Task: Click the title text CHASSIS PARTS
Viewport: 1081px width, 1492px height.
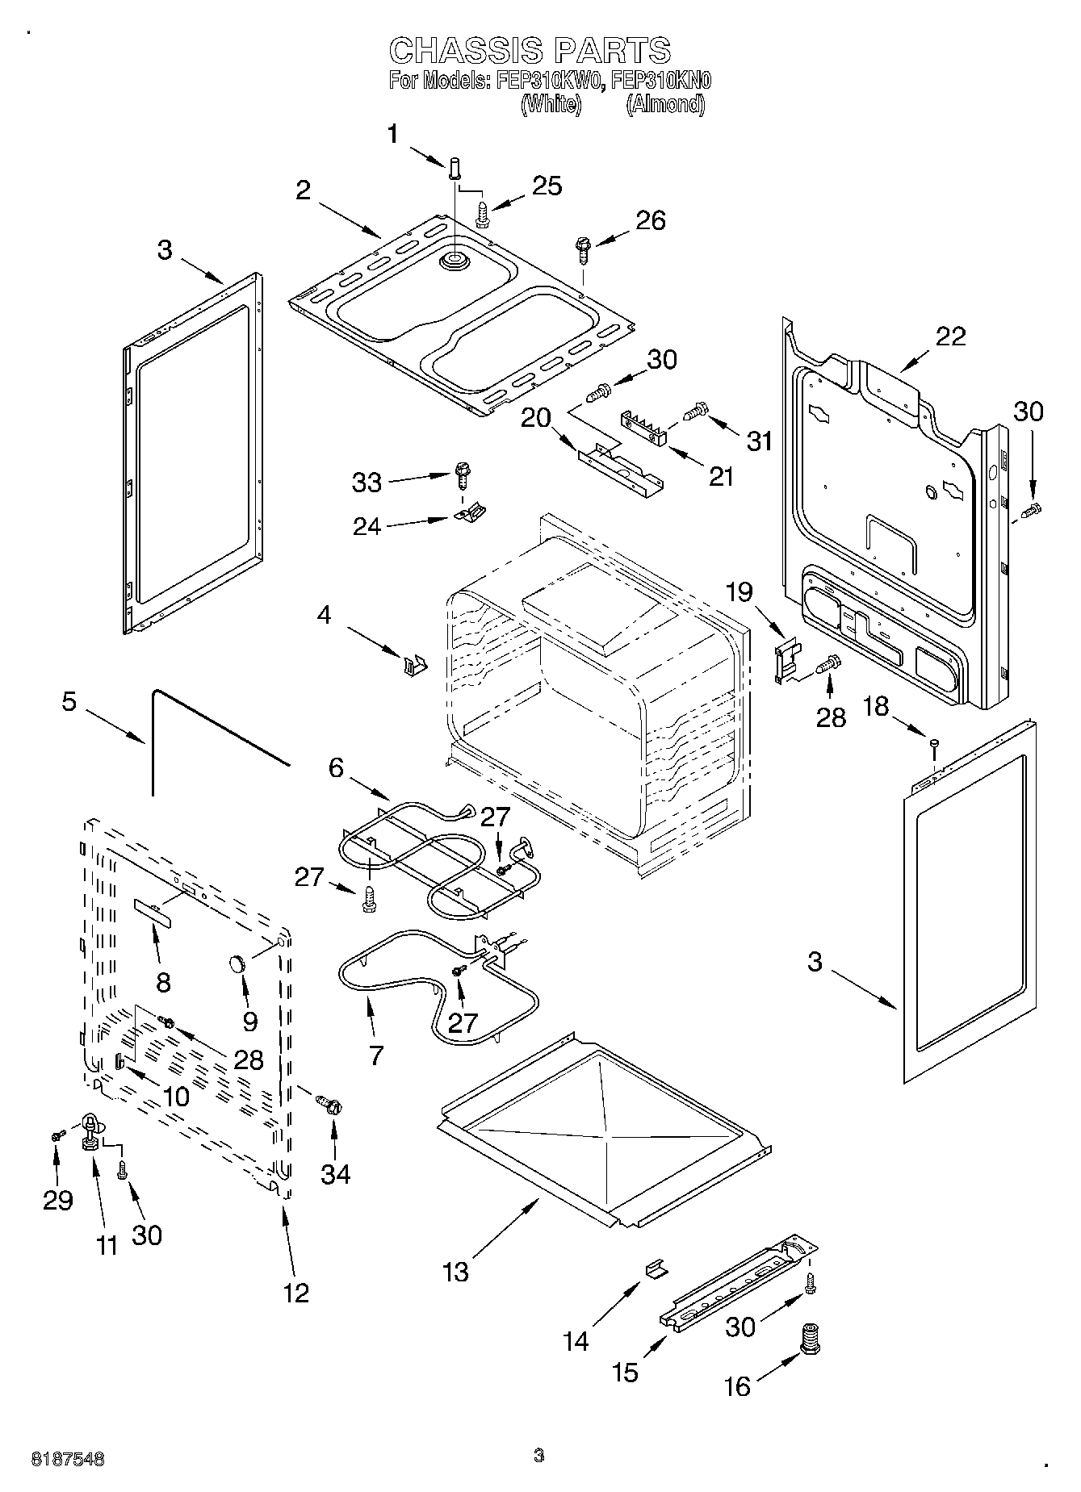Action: click(x=530, y=50)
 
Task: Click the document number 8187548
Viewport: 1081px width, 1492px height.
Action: click(x=68, y=1458)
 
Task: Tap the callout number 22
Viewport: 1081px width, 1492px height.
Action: click(x=950, y=336)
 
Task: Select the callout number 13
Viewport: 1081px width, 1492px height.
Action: click(x=455, y=1272)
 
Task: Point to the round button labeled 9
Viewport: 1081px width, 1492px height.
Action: click(x=237, y=963)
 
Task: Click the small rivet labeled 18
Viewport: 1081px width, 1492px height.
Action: click(x=934, y=744)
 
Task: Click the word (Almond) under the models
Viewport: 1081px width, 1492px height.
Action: click(x=665, y=104)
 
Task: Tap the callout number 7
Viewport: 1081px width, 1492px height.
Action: click(x=376, y=1055)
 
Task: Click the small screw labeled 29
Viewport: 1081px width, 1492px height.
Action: click(x=57, y=1135)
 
